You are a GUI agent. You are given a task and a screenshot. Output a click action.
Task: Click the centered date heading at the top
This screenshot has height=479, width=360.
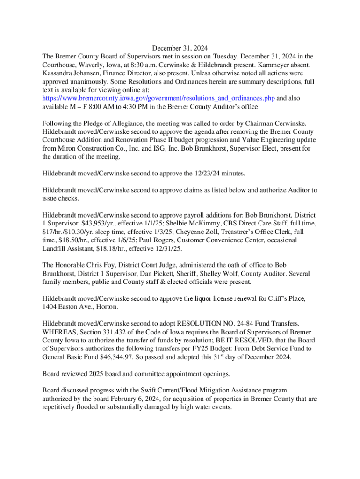tap(180, 48)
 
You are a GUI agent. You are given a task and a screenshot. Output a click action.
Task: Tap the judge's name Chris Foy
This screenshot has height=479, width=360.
tap(100, 265)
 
